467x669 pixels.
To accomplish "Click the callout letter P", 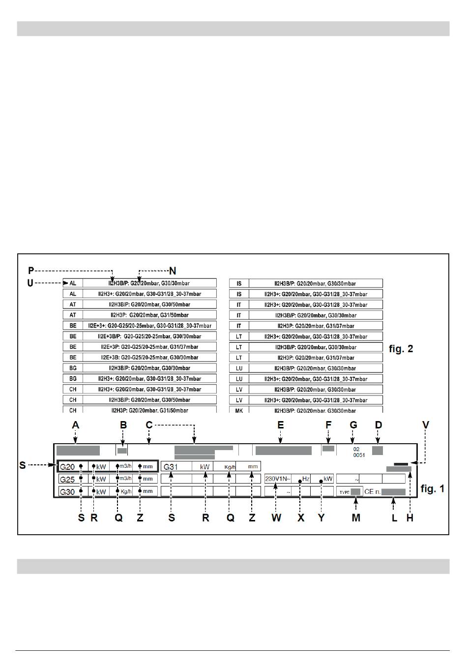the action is (x=31, y=271).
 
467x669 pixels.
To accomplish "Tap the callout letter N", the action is (x=173, y=271).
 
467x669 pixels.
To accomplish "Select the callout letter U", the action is (x=30, y=283).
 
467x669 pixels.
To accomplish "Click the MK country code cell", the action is (x=239, y=410).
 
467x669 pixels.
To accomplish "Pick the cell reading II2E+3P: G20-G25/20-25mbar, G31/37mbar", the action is (x=149, y=347).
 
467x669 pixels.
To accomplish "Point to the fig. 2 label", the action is (x=401, y=349).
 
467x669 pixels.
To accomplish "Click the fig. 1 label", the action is (x=433, y=488).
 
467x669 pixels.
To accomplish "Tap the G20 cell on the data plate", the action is (x=67, y=467).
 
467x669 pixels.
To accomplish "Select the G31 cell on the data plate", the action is (x=171, y=467).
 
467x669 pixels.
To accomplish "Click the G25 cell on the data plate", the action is (x=67, y=480).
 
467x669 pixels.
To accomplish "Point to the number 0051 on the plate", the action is (x=359, y=455).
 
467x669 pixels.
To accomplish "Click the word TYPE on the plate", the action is (x=345, y=492).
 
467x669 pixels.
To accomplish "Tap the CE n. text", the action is (x=373, y=491).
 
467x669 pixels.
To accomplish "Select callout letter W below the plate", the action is (x=276, y=518).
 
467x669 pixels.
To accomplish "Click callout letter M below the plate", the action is (x=356, y=518).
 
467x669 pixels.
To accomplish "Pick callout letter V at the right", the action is (x=426, y=425).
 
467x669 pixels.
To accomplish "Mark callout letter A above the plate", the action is (x=76, y=425).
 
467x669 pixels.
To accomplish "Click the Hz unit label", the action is (x=306, y=479).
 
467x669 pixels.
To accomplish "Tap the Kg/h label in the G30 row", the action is (x=126, y=491).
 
